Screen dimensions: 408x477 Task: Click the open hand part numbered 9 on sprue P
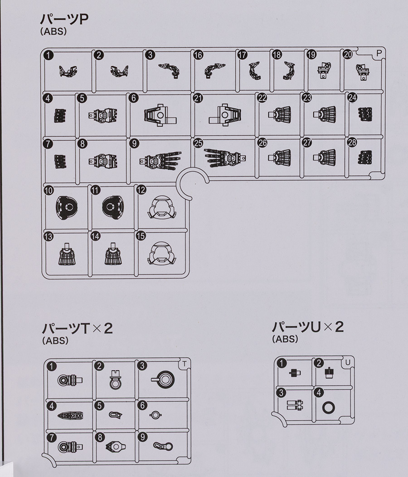[160, 159]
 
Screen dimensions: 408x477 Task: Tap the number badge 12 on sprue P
[141, 190]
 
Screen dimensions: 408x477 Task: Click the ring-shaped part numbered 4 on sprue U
[328, 408]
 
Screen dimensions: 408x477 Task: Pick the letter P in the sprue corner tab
[379, 53]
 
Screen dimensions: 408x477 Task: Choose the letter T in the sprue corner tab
[185, 363]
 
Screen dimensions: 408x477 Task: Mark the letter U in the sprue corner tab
[348, 362]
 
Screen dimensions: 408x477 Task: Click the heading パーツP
[64, 20]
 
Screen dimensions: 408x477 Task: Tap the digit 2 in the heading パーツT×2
[108, 329]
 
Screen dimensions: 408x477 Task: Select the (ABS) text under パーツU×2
[285, 339]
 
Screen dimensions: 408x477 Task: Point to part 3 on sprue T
[163, 379]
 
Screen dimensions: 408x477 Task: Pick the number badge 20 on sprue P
[348, 54]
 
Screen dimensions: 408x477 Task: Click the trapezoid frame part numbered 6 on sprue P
[160, 115]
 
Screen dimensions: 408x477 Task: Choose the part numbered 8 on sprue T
[116, 446]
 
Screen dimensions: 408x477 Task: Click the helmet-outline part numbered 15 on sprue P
[162, 253]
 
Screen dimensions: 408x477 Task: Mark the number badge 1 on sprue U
[282, 363]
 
